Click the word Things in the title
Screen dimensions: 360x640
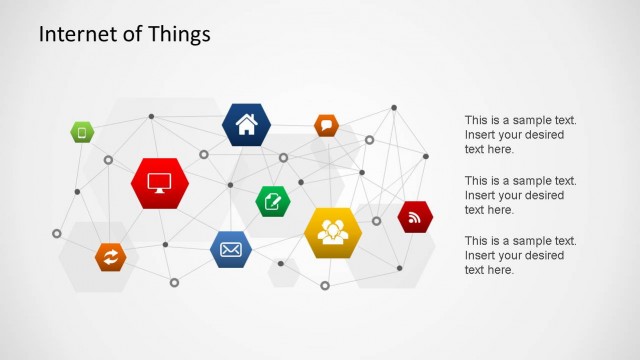pos(180,34)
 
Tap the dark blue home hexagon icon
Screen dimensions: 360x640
pos(246,125)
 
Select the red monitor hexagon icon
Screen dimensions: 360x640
pos(160,184)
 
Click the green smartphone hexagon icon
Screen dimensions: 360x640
pos(82,131)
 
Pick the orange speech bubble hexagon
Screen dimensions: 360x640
pos(326,125)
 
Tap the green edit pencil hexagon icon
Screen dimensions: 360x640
pos(272,202)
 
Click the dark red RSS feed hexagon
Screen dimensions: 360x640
pos(415,217)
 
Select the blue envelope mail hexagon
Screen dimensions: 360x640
pos(231,249)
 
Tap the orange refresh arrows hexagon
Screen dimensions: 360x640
pos(111,257)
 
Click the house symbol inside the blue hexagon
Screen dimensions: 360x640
pos(246,125)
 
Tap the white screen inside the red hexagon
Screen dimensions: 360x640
pos(160,183)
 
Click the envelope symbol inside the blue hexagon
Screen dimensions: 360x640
pos(231,249)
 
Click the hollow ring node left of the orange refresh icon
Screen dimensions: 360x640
pos(57,233)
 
